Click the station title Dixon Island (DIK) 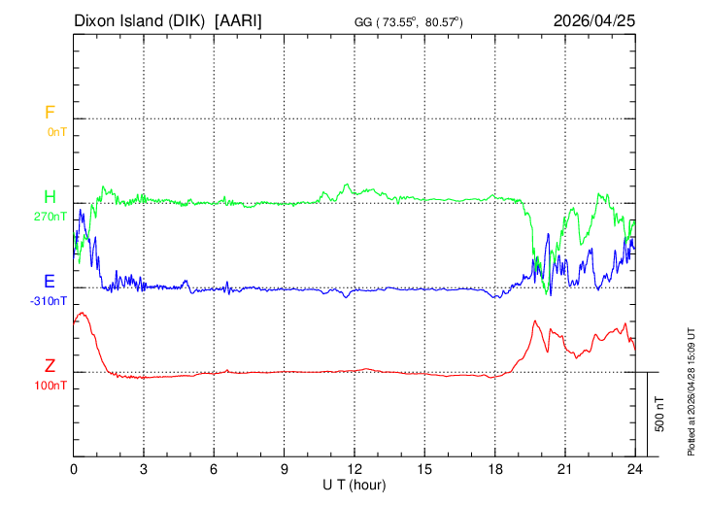click(141, 20)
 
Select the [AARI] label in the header click(239, 20)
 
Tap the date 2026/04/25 click(594, 20)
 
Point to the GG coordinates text click(409, 22)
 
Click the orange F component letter click(50, 113)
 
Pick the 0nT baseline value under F click(56, 131)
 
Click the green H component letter click(50, 197)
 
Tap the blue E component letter click(50, 282)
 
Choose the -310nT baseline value click(50, 300)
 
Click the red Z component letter click(50, 366)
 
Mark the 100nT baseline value click(51, 385)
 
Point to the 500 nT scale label click(659, 414)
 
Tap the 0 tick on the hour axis click(74, 468)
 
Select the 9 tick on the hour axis click(285, 468)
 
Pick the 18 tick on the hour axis click(495, 468)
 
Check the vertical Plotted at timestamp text click(692, 389)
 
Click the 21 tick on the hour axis click(565, 468)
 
